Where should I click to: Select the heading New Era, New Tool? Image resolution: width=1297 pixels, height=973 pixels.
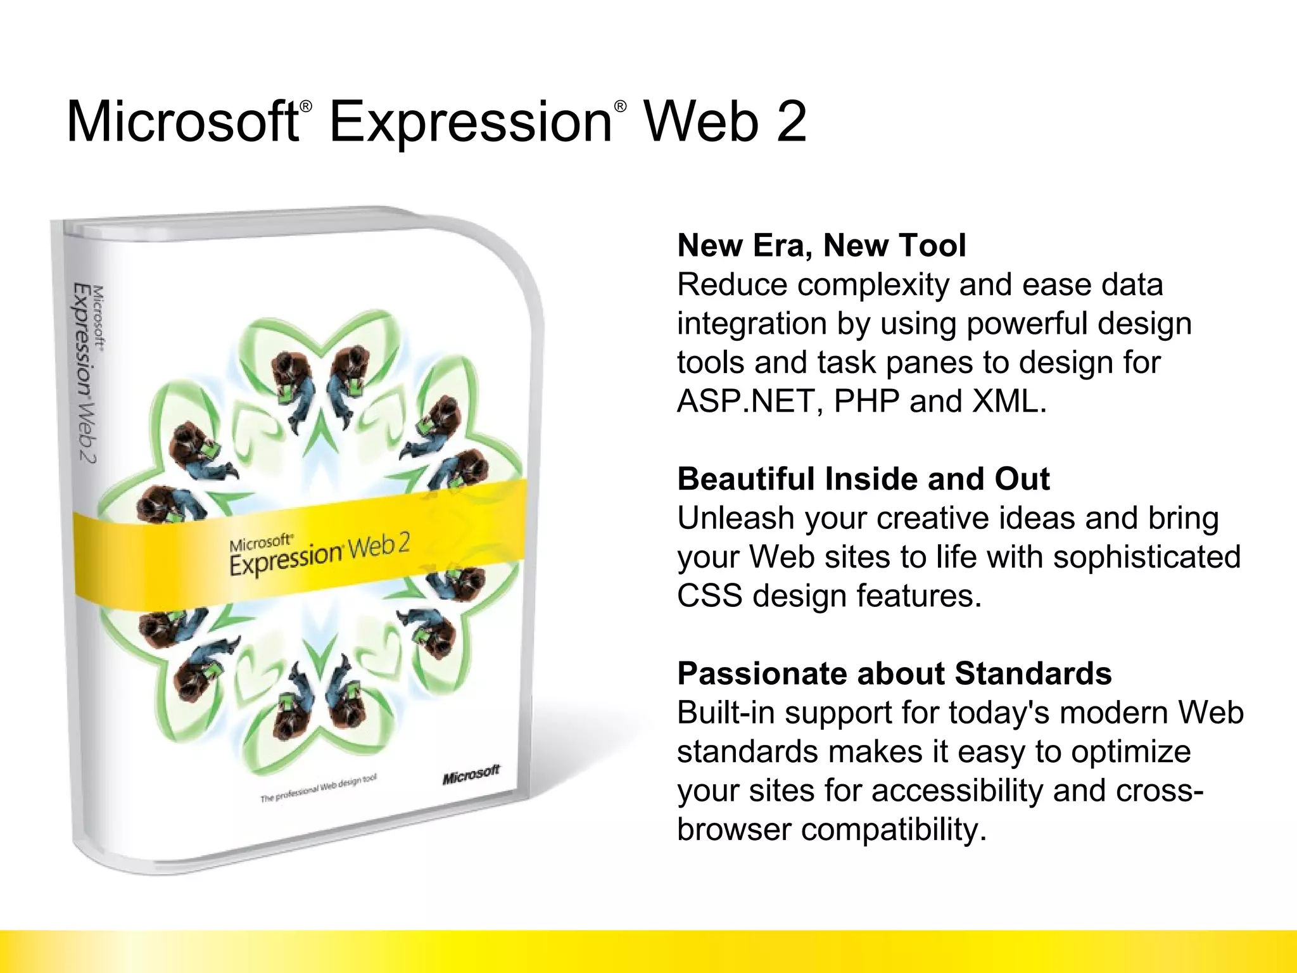tap(821, 245)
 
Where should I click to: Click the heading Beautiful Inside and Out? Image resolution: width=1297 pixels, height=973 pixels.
tap(863, 479)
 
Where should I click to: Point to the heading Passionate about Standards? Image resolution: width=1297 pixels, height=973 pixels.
tap(894, 673)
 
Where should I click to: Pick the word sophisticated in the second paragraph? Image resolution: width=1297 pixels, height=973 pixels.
tap(1146, 557)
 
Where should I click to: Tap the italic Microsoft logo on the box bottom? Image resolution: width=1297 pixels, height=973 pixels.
tap(471, 775)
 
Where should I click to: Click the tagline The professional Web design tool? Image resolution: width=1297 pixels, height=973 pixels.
tap(319, 788)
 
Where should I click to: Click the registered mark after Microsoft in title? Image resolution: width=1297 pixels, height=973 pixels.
tap(306, 106)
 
